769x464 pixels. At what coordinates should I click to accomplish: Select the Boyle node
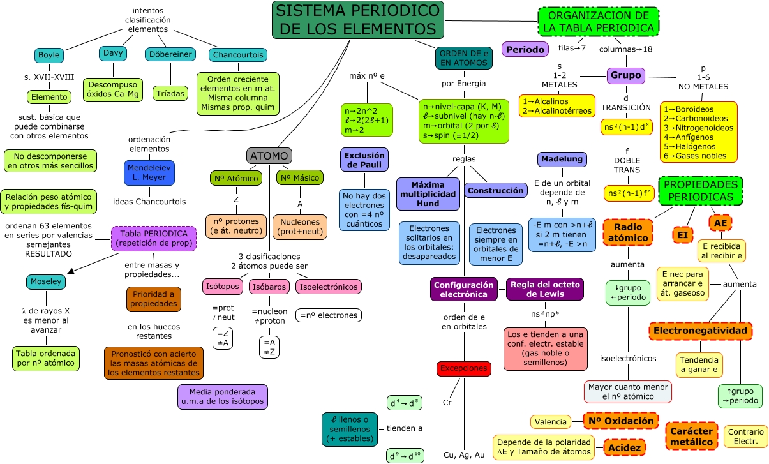(49, 55)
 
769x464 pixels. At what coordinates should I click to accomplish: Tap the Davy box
(113, 54)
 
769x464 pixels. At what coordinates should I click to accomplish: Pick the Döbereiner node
(170, 55)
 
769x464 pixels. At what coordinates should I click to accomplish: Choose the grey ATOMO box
(269, 156)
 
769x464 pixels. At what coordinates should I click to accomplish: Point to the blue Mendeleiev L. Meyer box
(149, 173)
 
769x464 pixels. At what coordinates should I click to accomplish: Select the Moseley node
(46, 281)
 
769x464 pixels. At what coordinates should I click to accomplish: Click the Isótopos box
(223, 287)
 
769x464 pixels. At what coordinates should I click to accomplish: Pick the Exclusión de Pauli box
(364, 159)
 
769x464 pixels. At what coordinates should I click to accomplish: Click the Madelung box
(562, 159)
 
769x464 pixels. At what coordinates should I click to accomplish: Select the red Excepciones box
(464, 368)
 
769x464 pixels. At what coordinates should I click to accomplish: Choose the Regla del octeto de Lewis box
(544, 289)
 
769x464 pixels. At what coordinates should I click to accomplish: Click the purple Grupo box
(626, 75)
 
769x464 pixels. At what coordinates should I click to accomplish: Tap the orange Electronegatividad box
(699, 331)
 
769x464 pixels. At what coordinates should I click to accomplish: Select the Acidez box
(624, 448)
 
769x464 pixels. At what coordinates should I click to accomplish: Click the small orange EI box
(682, 235)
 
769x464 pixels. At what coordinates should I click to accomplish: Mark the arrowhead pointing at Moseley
(70, 272)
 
